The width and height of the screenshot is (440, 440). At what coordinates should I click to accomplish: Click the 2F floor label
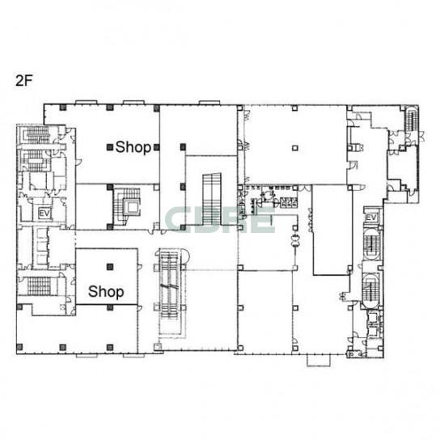pyautogui.click(x=24, y=81)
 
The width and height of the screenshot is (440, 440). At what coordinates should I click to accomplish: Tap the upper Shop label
pyautogui.click(x=133, y=147)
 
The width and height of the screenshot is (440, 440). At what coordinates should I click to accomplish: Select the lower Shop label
pyautogui.click(x=106, y=291)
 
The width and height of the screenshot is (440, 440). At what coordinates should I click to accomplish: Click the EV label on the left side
pyautogui.click(x=44, y=214)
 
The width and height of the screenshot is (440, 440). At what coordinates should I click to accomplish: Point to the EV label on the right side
pyautogui.click(x=371, y=218)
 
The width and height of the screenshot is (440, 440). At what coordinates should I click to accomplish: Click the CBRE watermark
pyautogui.click(x=220, y=219)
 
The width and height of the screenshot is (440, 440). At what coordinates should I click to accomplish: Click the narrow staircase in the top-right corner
pyautogui.click(x=412, y=119)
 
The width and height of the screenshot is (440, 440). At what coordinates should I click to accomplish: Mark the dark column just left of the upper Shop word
pyautogui.click(x=110, y=147)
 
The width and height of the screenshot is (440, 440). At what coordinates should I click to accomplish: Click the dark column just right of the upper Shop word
pyautogui.click(x=157, y=147)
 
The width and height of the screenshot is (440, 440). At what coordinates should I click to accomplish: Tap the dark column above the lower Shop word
pyautogui.click(x=110, y=267)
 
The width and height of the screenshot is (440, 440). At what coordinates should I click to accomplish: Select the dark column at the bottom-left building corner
pyautogui.click(x=19, y=347)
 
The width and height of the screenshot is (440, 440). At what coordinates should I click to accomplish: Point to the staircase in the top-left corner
pyautogui.click(x=36, y=135)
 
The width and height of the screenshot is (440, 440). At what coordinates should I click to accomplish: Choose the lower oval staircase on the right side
pyautogui.click(x=370, y=290)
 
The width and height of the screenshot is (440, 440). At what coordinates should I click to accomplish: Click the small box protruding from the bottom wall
pyautogui.click(x=319, y=360)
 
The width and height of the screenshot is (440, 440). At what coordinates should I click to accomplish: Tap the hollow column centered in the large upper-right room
pyautogui.click(x=294, y=148)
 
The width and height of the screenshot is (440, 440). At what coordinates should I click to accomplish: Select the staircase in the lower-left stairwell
pyautogui.click(x=40, y=286)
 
